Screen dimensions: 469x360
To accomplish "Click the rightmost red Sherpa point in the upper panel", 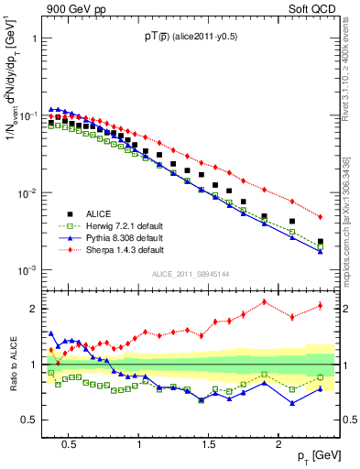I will pyautogui.click(x=320, y=217).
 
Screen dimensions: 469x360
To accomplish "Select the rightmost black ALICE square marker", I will pyautogui.click(x=320, y=242).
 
